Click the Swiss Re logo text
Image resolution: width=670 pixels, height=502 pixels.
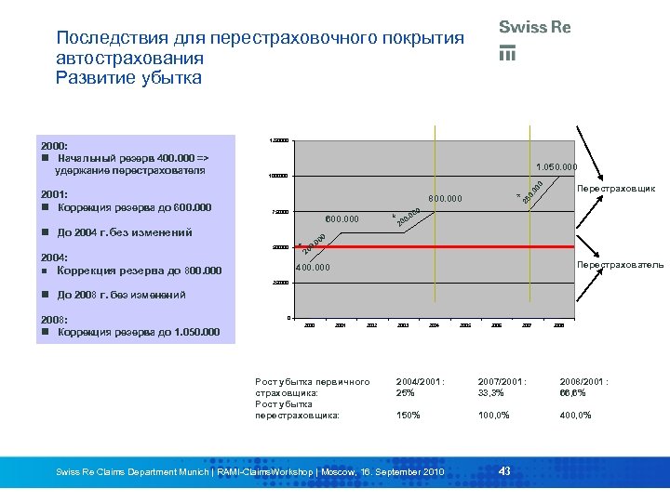(535, 28)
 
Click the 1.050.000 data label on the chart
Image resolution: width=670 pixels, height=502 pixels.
(556, 167)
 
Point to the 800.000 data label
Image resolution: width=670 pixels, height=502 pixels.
(445, 199)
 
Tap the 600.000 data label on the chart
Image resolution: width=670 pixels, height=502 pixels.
(342, 219)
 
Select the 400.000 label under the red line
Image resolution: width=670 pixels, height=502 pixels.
(313, 268)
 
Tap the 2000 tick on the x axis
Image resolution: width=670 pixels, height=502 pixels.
(310, 325)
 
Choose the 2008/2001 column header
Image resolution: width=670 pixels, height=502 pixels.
(583, 381)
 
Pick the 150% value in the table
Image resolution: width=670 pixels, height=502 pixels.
(408, 415)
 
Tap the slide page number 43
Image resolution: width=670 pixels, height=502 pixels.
(504, 470)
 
